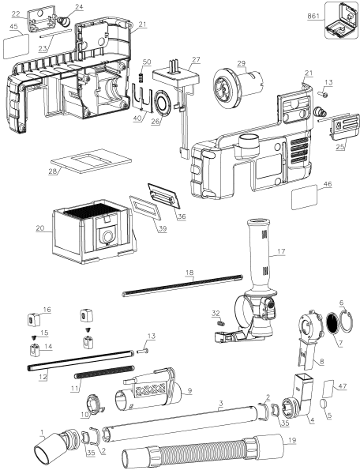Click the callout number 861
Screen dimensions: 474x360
point(313,17)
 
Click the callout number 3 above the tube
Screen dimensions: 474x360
point(222,403)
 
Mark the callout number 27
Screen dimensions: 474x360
point(196,60)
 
